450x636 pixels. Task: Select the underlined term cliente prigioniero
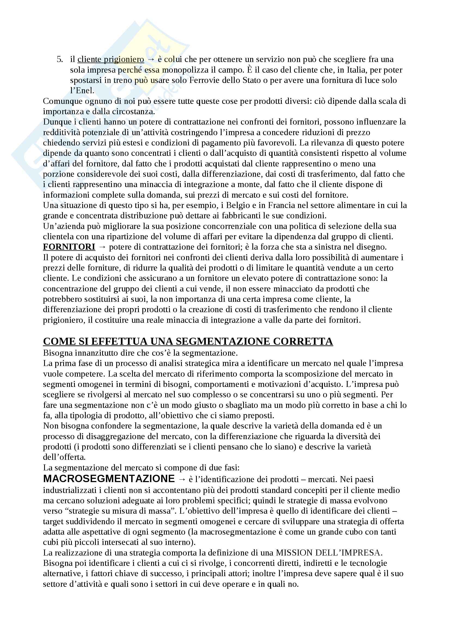[x=111, y=59]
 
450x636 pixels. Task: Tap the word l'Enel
[x=82, y=91]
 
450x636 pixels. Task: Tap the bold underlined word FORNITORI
[x=69, y=247]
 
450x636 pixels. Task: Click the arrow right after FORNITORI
[x=102, y=247]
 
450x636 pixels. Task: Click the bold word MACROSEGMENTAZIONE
[x=109, y=478]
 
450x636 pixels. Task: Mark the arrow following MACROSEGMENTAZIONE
[x=182, y=479]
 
